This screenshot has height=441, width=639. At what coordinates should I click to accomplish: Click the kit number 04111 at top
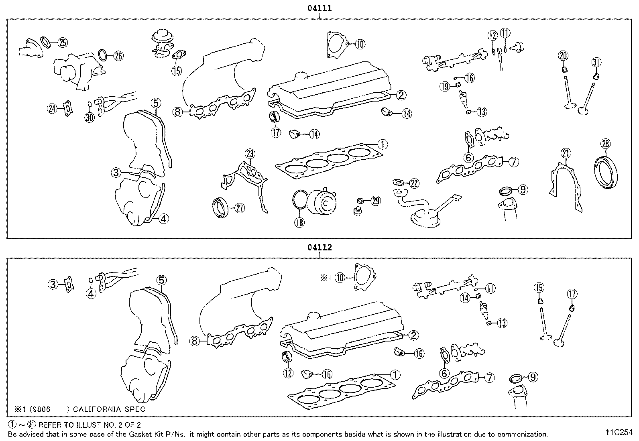[319, 8]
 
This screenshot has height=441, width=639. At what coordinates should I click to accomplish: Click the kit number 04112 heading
[319, 247]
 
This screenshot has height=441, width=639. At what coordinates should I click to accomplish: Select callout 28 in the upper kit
[605, 143]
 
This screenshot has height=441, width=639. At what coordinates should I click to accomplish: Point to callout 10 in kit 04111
[360, 44]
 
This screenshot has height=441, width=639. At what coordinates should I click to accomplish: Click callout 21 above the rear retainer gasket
[566, 153]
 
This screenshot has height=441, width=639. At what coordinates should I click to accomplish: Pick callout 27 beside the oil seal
[239, 207]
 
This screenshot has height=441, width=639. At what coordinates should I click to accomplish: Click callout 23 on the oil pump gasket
[250, 154]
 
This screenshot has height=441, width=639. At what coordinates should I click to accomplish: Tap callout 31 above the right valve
[596, 62]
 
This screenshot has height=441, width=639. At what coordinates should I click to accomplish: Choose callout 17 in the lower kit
[572, 294]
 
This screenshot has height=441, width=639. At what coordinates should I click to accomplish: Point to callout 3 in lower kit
[53, 285]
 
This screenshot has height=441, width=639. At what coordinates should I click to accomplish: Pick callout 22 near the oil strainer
[414, 184]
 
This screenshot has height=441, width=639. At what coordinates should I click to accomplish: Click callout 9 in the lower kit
[532, 377]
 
